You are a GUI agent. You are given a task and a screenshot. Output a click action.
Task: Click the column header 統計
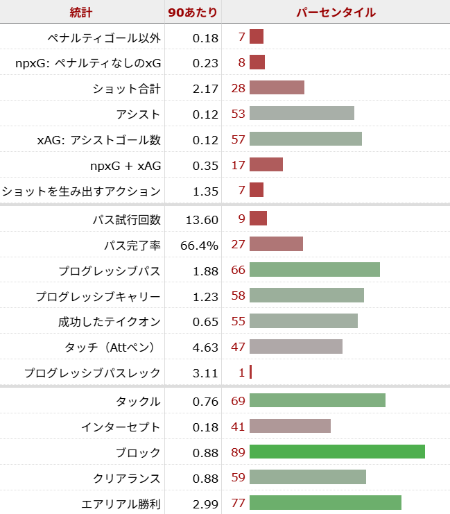[82, 12]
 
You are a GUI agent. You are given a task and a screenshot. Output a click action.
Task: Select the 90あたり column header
[193, 12]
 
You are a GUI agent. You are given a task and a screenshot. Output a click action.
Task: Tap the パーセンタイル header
[336, 12]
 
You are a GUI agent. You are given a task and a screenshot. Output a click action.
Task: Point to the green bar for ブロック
[337, 452]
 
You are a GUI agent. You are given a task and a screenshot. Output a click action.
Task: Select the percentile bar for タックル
[317, 401]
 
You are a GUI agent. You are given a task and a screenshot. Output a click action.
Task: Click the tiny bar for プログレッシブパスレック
[250, 372]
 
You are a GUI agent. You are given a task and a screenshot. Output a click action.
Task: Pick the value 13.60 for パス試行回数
[202, 219]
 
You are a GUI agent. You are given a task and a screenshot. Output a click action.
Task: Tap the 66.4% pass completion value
[199, 245]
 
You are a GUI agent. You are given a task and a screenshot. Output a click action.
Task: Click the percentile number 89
[238, 452]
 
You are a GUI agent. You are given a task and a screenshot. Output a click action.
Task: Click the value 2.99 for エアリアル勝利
[205, 504]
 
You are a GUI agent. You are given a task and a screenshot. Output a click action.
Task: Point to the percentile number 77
[238, 504]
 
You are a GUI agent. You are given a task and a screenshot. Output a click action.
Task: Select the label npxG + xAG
[125, 165]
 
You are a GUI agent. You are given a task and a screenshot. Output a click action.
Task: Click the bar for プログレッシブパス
[314, 271]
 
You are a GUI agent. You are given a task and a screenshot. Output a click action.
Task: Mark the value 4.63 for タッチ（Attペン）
[205, 347]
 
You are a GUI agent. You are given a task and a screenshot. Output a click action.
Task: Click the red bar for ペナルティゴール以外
[257, 37]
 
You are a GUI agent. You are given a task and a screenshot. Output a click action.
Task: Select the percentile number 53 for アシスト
[238, 114]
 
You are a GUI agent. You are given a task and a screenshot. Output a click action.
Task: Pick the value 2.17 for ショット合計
[205, 88]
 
